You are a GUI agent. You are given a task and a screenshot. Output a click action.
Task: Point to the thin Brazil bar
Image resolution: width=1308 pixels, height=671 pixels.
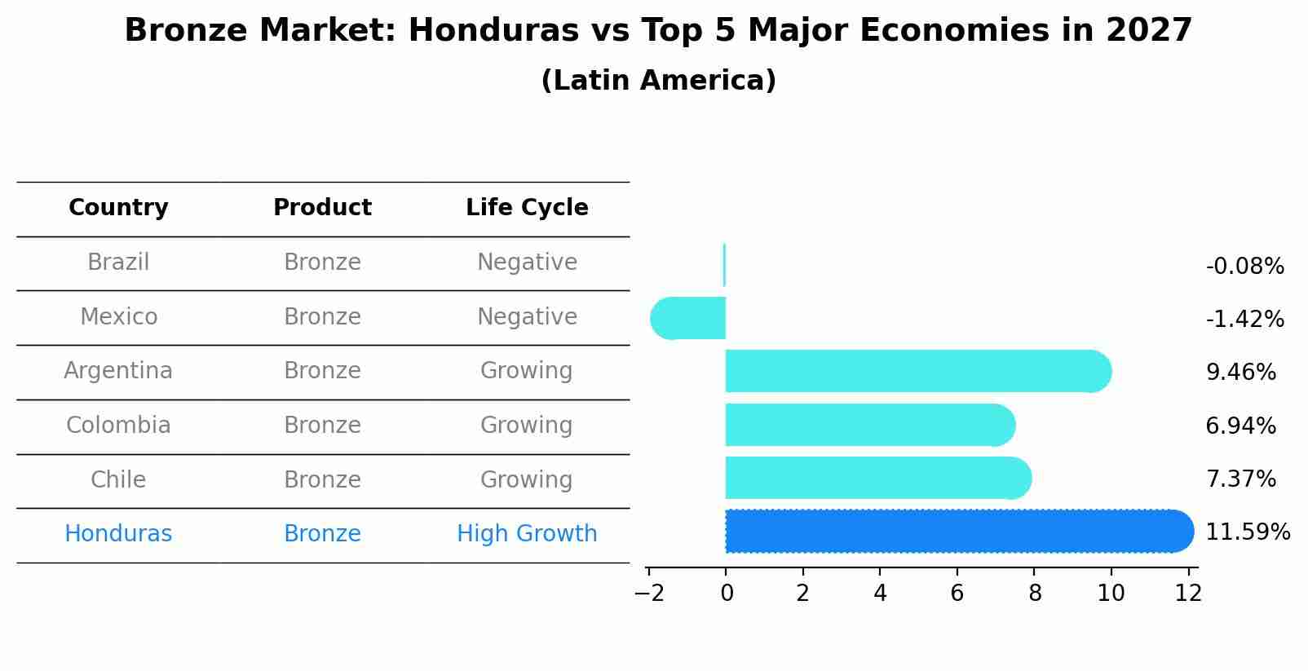coord(724,265)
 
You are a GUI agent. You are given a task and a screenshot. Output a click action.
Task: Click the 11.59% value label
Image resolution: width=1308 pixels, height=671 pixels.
coord(1247,532)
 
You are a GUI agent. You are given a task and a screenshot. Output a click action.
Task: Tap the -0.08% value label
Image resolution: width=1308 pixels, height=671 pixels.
coord(1244,267)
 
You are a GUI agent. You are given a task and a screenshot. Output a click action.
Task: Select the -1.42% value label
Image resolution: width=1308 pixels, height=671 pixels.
coord(1244,320)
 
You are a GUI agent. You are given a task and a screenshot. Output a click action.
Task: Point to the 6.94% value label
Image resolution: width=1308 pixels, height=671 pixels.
coord(1240,426)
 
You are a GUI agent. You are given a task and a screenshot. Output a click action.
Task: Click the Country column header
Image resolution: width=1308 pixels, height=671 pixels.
coord(118,208)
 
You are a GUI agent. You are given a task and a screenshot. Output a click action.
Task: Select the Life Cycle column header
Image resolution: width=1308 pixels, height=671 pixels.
coord(527,208)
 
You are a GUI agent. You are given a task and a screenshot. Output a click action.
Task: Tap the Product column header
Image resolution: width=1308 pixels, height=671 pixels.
coord(322,208)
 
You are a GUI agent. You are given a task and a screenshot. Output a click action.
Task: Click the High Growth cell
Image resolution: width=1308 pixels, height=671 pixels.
coord(527,534)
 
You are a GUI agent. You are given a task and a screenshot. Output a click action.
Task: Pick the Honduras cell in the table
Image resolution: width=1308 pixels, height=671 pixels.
coord(118,534)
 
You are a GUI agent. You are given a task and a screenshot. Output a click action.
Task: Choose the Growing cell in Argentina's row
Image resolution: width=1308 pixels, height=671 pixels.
coord(526,371)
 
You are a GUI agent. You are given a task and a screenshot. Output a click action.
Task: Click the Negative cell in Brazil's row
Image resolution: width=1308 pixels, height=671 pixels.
coord(527,263)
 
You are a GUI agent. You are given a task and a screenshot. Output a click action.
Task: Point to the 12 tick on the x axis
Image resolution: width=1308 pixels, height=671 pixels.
coord(1188,593)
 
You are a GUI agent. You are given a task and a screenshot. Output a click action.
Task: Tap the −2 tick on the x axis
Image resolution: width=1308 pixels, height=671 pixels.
coord(649,593)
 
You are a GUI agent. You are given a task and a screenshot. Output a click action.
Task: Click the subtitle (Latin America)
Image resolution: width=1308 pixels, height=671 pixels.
coord(658,81)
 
